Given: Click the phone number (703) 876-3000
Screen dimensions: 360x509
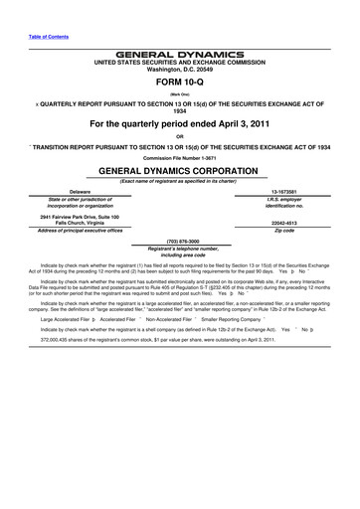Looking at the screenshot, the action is click(180, 240).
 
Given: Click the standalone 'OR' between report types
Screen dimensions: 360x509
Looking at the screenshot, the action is click(180, 136).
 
